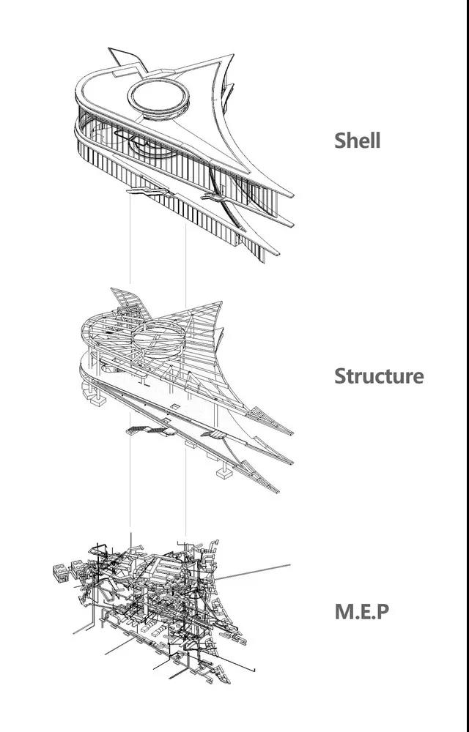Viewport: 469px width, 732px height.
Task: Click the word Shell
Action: (357, 140)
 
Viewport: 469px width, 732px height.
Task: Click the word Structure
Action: (378, 376)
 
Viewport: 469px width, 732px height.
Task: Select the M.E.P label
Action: (361, 611)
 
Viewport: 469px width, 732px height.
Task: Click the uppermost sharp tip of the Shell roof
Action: (234, 55)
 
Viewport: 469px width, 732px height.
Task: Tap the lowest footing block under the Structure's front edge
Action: (224, 473)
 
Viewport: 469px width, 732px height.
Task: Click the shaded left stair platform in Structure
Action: (143, 429)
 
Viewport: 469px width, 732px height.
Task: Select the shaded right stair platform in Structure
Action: (215, 435)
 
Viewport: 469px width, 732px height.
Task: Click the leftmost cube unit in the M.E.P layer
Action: (62, 569)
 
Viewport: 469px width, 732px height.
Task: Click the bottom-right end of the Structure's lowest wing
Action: (277, 491)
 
